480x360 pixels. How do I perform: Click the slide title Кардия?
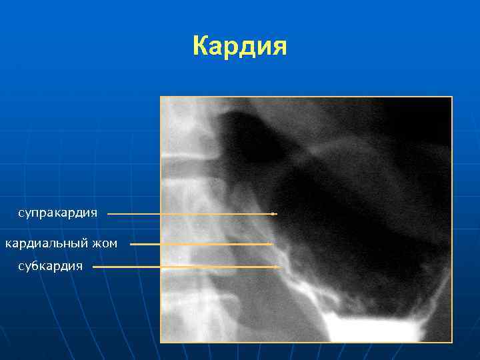tap(239, 47)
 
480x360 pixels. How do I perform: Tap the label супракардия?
tap(58, 213)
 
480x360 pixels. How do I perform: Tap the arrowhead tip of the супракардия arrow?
tap(275, 214)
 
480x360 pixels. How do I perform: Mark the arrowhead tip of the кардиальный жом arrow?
tap(273, 244)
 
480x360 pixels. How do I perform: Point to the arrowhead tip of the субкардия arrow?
tap(279, 267)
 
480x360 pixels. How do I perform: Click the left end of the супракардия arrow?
tap(109, 214)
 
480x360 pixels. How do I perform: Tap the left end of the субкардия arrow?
tap(93, 267)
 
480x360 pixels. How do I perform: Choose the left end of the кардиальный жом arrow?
tap(131, 244)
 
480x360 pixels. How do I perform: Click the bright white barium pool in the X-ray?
tap(373, 328)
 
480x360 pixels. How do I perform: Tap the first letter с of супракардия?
tap(21, 214)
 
